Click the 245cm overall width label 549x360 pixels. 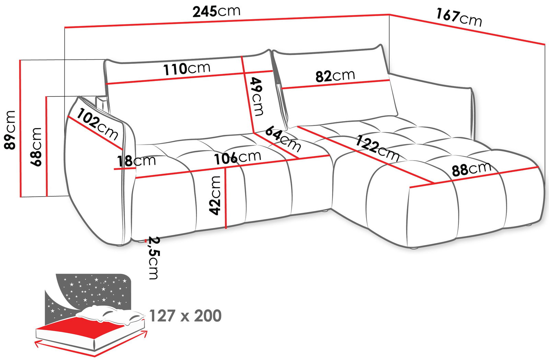click(x=217, y=11)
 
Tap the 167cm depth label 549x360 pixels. click(x=459, y=17)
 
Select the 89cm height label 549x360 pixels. click(x=10, y=130)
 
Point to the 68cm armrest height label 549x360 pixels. click(x=36, y=147)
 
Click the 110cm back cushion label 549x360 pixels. click(x=187, y=69)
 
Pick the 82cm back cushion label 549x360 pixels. click(x=335, y=76)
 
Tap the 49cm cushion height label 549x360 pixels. click(x=257, y=97)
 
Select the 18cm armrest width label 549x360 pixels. click(x=136, y=161)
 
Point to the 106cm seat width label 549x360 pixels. click(x=237, y=158)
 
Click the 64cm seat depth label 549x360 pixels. click(x=283, y=139)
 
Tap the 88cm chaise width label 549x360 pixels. click(x=471, y=169)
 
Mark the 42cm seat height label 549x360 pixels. click(x=215, y=196)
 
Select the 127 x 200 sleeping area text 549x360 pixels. click(x=185, y=316)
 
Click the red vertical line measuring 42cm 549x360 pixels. click(x=226, y=206)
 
